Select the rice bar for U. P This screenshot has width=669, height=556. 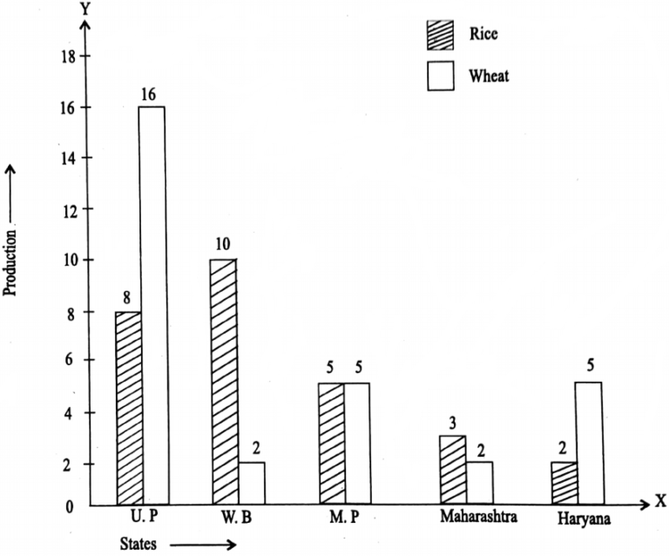(128, 408)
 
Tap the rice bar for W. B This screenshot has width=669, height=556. (223, 382)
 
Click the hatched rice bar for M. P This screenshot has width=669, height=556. (331, 444)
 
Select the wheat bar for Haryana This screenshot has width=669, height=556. (589, 443)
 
